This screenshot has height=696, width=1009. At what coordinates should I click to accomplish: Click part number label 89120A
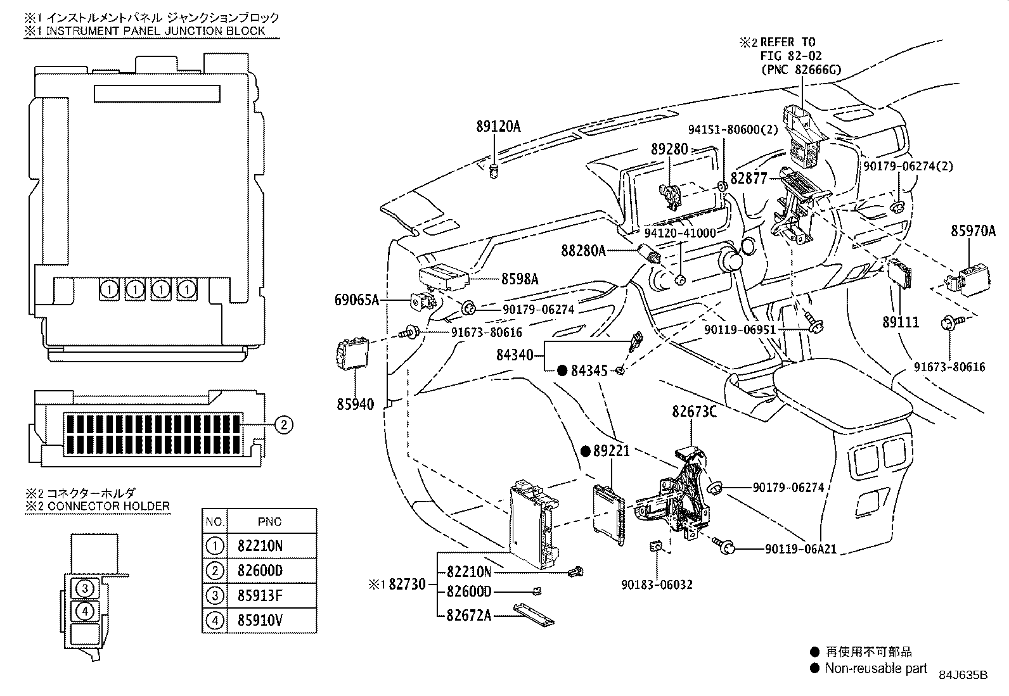(498, 126)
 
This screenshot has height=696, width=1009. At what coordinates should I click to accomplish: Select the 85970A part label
(973, 231)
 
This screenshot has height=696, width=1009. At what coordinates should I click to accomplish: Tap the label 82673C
(694, 412)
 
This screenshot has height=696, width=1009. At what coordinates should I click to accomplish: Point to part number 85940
(355, 403)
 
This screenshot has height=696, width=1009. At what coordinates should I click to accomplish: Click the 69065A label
(356, 300)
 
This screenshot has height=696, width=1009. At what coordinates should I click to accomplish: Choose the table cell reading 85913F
(260, 595)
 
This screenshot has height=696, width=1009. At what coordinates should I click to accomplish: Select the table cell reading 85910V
(260, 619)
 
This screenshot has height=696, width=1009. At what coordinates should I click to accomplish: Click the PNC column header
(269, 522)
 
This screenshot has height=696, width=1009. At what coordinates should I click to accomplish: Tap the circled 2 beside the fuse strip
(284, 425)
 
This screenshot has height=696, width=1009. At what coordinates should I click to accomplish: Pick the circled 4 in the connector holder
(86, 611)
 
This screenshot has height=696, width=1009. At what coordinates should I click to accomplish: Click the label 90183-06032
(656, 585)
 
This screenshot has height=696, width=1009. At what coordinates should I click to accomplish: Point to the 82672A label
(469, 615)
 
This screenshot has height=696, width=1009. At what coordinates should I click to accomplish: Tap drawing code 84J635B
(963, 675)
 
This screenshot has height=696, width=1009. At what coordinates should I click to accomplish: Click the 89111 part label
(901, 322)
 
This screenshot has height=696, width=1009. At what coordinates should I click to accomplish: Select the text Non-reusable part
(876, 668)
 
